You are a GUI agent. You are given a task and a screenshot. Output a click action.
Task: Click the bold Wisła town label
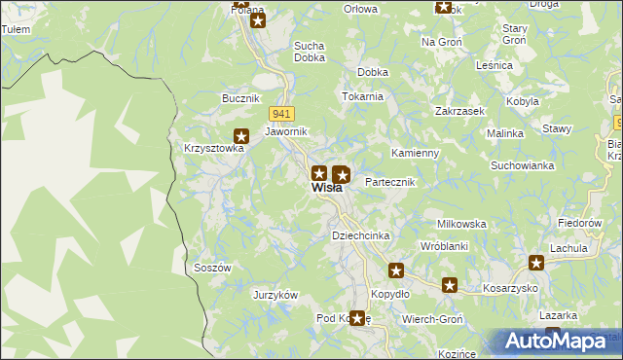pos(327,189)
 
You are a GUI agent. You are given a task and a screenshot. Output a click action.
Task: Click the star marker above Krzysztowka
pos(240,137)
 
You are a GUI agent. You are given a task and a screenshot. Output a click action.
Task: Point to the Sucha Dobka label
pos(310,52)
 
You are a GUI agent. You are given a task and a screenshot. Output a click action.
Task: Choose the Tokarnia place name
pos(361,97)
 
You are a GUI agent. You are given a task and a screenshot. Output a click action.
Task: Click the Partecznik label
pos(389,182)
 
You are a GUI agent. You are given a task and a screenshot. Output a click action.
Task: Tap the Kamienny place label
pos(416,154)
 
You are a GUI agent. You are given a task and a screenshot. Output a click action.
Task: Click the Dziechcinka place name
pos(361,236)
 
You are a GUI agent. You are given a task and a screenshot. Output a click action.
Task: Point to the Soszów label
pos(212,268)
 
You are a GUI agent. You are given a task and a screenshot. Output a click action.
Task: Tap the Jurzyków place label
pos(275,295)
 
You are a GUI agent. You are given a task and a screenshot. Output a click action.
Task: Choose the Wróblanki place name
pos(444,246)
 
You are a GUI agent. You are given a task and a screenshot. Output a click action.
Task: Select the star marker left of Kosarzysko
pos(450,285)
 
